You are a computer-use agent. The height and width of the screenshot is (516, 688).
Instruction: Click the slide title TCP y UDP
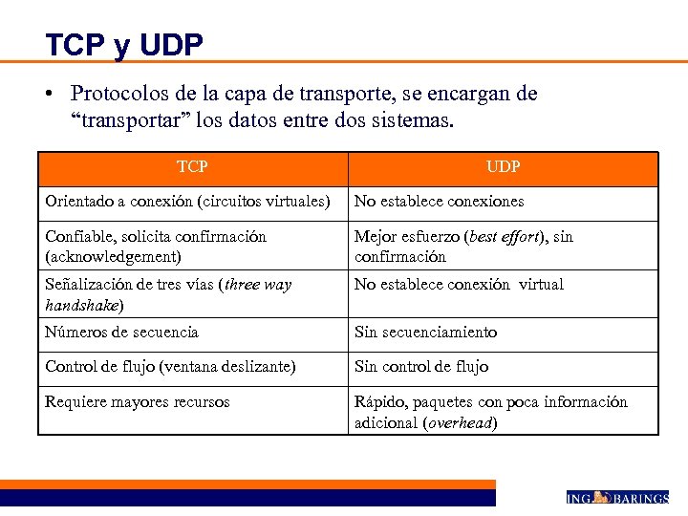click(x=123, y=44)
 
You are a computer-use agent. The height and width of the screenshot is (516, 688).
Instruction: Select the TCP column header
click(x=192, y=167)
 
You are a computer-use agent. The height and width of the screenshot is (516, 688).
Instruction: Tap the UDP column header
click(x=503, y=167)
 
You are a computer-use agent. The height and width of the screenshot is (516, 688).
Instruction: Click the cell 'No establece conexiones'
click(x=439, y=202)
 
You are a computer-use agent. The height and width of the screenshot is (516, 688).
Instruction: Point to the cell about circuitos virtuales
click(x=187, y=202)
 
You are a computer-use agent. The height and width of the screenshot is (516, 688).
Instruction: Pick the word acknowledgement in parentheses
click(x=114, y=257)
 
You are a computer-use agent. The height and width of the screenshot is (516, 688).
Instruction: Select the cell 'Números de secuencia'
click(x=121, y=333)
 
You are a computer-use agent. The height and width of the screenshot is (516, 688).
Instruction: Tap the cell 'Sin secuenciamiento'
click(x=425, y=333)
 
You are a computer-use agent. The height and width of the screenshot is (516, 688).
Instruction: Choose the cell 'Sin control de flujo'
click(x=421, y=367)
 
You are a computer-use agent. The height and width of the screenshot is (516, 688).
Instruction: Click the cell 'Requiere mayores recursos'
click(x=138, y=402)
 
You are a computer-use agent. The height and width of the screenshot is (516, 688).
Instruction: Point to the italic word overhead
click(x=459, y=423)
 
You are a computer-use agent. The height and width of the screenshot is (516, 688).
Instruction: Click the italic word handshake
click(x=81, y=306)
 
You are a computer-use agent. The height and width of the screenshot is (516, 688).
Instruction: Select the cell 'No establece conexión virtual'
click(x=459, y=285)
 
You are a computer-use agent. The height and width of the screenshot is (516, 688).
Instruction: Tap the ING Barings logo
click(x=616, y=497)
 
